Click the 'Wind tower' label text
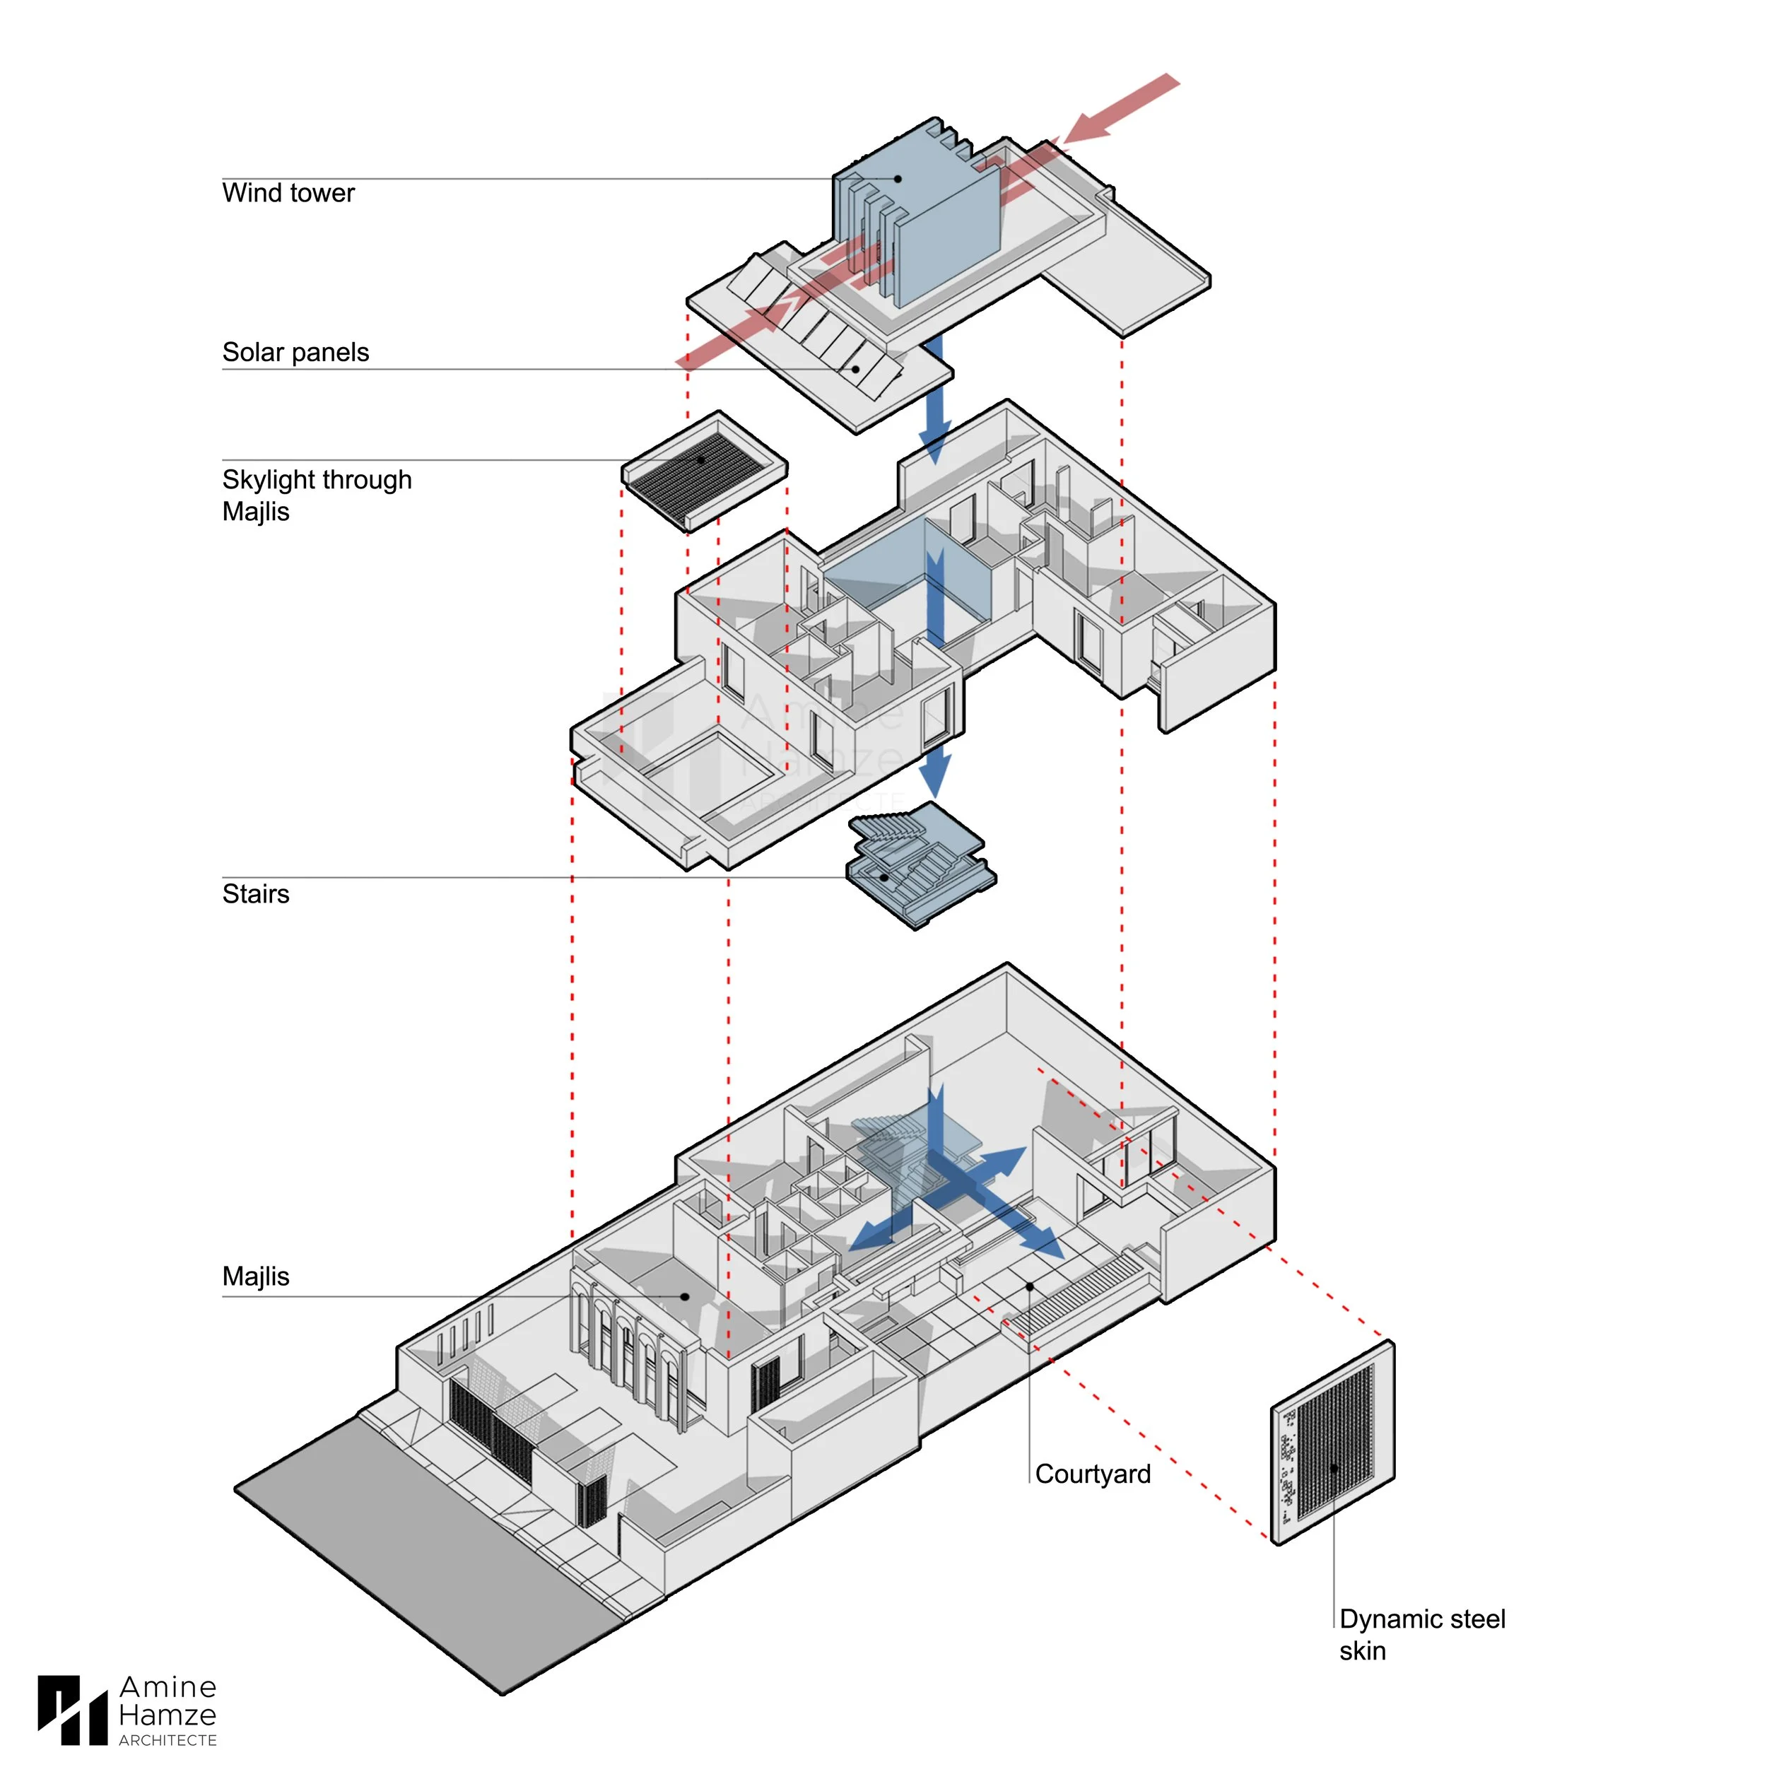[288, 193]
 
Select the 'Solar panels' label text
[295, 352]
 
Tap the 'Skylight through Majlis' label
[317, 495]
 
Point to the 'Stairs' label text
[256, 893]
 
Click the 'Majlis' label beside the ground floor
[256, 1276]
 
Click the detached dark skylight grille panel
[704, 471]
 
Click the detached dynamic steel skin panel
[1332, 1443]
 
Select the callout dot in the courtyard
[1030, 1287]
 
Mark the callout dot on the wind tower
[898, 180]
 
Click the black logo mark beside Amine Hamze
[72, 1709]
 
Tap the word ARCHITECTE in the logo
[168, 1739]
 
